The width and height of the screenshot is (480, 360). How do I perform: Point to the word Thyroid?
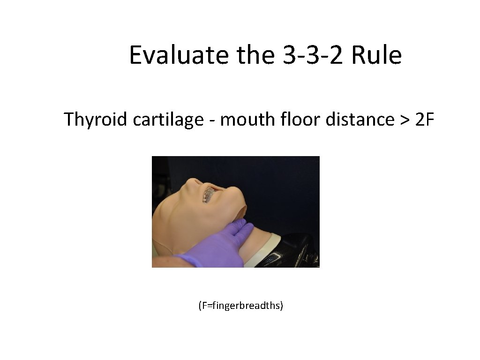tap(96, 120)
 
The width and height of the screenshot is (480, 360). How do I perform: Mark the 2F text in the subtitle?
tap(425, 120)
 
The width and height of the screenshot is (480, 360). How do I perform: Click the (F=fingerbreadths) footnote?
tap(240, 306)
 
